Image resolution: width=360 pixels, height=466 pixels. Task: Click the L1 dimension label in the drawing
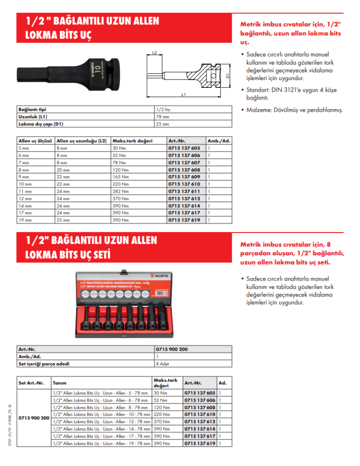point(183,95)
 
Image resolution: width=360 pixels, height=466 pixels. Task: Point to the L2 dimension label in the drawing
point(154,52)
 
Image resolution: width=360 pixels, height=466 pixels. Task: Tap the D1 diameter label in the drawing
point(227,76)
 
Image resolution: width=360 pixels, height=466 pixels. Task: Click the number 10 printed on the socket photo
point(98,67)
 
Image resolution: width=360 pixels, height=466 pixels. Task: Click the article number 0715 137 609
point(184,177)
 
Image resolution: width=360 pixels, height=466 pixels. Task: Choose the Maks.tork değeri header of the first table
point(132,140)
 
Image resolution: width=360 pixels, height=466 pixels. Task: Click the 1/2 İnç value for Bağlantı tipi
point(164,110)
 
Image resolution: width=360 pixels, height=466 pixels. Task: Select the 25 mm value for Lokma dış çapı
point(162,123)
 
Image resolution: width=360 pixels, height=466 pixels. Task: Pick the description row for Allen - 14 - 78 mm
point(101,429)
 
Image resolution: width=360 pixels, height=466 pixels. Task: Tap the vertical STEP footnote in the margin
point(10,426)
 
